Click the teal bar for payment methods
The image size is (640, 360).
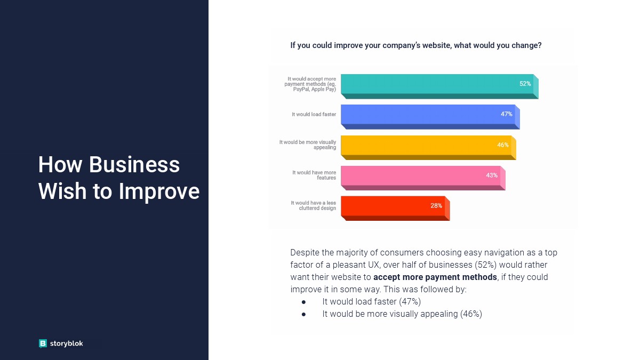439,86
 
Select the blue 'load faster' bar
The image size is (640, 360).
430,117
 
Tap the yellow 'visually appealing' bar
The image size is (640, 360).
429,147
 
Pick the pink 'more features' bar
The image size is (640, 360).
423,178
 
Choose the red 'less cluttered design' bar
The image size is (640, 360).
395,209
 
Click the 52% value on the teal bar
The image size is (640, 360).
525,84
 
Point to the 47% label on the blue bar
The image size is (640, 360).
507,114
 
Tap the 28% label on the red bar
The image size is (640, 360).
436,205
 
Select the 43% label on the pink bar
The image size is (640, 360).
492,175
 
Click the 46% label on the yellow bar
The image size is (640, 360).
503,145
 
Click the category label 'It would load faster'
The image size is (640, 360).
314,114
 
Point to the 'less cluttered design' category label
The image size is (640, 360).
314,205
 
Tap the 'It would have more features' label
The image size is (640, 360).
314,175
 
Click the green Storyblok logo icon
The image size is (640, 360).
43,343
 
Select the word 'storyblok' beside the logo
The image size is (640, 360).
67,343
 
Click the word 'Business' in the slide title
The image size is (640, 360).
134,165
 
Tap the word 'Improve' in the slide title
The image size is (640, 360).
159,191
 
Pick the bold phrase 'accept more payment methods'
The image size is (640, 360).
435,277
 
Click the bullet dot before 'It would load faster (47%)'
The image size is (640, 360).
303,302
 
